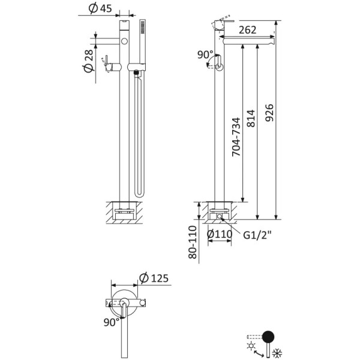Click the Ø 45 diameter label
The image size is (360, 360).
[x=100, y=8]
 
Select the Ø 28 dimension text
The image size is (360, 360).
[x=88, y=61]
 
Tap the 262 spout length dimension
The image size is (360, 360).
[x=247, y=30]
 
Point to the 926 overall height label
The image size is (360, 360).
[x=269, y=113]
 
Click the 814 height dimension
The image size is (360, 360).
[x=251, y=118]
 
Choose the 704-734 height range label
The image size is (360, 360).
[x=236, y=137]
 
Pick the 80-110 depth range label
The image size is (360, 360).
[x=193, y=242]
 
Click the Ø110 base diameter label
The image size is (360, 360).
[x=220, y=235]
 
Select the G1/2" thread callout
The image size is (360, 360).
[x=257, y=235]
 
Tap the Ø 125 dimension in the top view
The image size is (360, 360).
[x=154, y=278]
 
